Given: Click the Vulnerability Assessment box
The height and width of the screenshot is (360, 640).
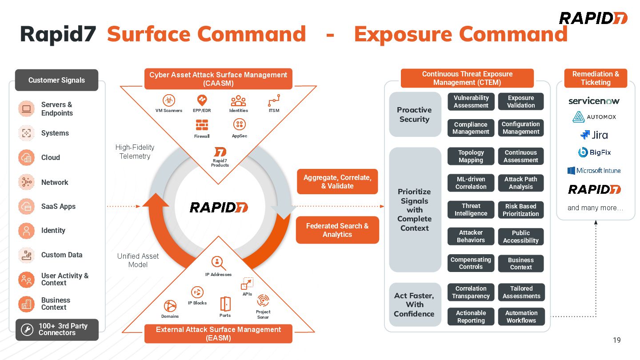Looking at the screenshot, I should [471, 102].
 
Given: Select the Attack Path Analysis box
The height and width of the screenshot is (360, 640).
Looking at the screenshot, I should [520, 183].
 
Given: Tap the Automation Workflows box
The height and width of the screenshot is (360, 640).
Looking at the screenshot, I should [521, 317].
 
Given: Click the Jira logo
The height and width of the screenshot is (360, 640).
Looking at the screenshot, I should [594, 135].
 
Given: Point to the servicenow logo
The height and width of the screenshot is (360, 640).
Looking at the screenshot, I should [594, 101].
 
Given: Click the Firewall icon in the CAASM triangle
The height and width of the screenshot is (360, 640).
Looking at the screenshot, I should [202, 125].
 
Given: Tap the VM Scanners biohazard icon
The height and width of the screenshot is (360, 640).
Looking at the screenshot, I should [169, 100].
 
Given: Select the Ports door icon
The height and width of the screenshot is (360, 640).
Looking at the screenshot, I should [225, 304].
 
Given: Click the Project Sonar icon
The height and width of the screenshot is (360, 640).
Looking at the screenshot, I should [263, 300].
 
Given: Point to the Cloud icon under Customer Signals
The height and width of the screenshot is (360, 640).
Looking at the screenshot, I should [26, 158].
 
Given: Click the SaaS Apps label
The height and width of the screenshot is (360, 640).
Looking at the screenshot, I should [58, 207].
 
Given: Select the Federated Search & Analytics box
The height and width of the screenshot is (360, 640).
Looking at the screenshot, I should [337, 230].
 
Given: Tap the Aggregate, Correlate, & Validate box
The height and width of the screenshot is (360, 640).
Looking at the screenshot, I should [337, 182].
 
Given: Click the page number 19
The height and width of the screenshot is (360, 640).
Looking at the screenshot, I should [616, 340].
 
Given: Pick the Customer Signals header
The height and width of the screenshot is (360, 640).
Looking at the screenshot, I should [56, 80].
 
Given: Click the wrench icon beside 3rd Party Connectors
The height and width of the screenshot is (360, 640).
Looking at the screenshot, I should [27, 329].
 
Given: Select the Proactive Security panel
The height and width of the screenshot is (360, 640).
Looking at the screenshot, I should [414, 115].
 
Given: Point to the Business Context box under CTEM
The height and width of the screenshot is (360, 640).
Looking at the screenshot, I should [520, 264].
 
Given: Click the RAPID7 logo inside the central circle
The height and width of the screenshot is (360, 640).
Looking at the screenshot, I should [219, 207].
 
